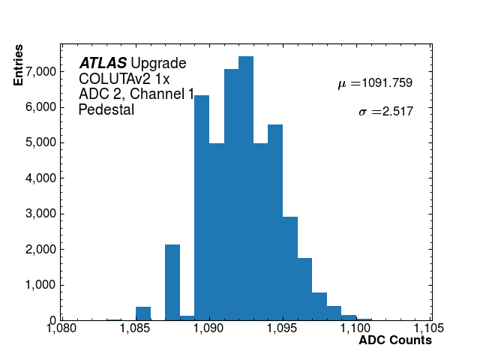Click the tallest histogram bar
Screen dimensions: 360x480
tap(246, 187)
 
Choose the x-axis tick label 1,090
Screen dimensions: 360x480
tap(208, 328)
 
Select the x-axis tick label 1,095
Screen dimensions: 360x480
tap(283, 328)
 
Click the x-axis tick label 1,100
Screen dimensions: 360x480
tap(356, 328)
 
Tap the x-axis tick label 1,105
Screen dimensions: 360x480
tap(429, 328)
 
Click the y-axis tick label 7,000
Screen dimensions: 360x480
tap(37, 71)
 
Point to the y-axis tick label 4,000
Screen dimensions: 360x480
tap(37, 178)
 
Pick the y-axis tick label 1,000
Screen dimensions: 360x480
tap(37, 285)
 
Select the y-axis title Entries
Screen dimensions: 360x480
tap(19, 64)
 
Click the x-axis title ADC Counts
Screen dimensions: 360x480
tap(395, 340)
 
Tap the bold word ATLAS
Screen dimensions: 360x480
tap(103, 64)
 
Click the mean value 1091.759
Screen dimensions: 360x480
tap(387, 83)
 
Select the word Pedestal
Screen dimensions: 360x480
tap(106, 109)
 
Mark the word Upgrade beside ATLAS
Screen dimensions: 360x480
tap(158, 64)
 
